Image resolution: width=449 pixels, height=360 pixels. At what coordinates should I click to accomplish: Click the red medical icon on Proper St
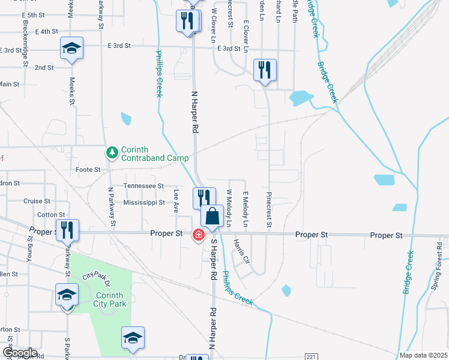pos(197,235)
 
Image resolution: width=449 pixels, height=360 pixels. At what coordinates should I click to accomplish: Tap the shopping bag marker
pos(212,217)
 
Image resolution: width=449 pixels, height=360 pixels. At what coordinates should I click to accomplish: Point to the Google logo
pos(19,353)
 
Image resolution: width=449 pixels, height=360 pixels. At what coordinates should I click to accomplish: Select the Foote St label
pos(88,170)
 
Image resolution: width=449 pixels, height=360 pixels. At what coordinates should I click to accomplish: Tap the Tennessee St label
pos(143,186)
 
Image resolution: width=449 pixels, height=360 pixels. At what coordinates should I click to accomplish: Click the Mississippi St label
pos(143,203)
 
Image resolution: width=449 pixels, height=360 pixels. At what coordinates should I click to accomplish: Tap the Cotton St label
pos(46,215)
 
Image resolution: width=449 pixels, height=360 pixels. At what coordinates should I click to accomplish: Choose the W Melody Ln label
pos(229,208)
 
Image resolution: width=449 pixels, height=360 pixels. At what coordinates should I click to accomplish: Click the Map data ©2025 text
pos(423,355)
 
